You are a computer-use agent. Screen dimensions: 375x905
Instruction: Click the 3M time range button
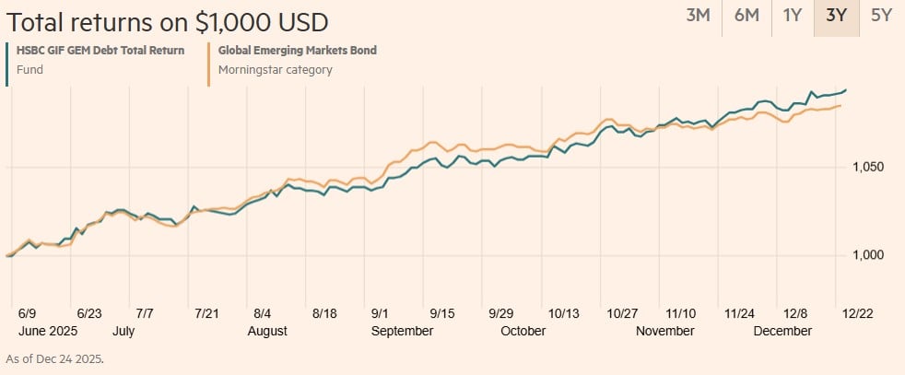point(698,16)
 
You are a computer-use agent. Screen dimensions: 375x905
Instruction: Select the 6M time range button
point(746,16)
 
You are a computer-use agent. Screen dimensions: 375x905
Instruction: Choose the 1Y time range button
point(792,16)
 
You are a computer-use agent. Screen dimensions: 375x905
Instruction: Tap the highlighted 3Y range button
point(837,16)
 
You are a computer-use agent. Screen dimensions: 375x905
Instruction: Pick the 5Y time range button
point(882,16)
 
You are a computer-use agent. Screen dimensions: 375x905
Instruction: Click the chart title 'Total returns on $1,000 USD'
point(167,21)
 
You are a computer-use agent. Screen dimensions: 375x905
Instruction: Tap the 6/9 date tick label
point(27,313)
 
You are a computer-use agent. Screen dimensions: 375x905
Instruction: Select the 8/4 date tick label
point(262,313)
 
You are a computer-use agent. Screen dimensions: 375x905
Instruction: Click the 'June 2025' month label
point(46,331)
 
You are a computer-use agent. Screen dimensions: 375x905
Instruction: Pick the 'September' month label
point(402,331)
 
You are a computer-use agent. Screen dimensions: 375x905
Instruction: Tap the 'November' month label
point(665,331)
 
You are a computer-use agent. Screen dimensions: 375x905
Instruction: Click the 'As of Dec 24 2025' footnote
point(54,358)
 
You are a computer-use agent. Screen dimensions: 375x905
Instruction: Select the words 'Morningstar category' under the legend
point(275,69)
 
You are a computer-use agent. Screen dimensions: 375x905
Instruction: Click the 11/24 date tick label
point(741,313)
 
